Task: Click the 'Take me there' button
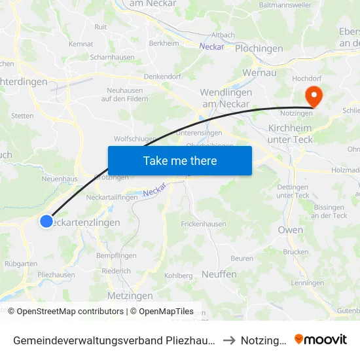coord(180,160)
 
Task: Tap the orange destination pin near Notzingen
coord(314,97)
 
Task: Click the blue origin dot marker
coord(46,221)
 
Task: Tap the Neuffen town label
coord(219,274)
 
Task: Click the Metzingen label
coord(126,295)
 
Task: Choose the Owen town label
coord(291,230)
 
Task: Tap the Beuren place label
coord(242,259)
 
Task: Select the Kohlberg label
coord(178,276)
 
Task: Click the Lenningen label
coord(307,283)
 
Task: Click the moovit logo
coord(321,339)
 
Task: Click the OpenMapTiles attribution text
coord(162,312)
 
